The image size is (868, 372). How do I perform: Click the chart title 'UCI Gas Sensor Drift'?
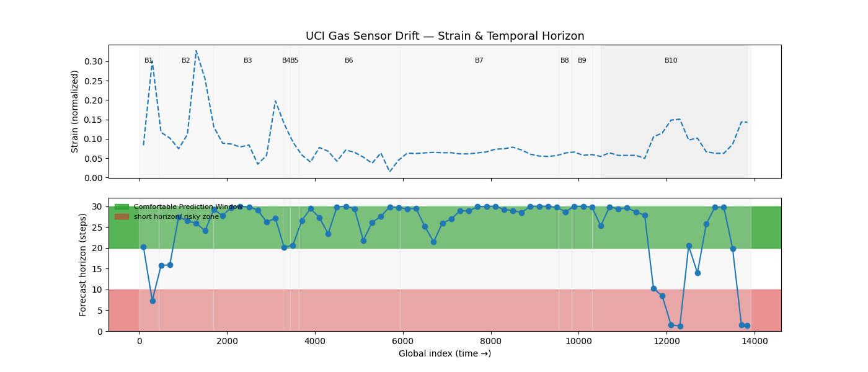tap(445, 36)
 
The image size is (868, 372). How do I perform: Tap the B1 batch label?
tap(149, 61)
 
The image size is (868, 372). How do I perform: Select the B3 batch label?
tap(248, 61)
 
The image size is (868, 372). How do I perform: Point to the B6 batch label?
tap(349, 61)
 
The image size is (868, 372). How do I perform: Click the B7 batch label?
tap(479, 61)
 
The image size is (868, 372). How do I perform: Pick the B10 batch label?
tap(671, 61)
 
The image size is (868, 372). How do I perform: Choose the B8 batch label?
tap(565, 61)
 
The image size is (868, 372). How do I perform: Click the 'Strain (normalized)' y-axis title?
tap(75, 111)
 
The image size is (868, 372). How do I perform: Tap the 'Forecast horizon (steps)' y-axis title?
tap(83, 265)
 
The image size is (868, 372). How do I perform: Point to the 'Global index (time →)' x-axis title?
tap(445, 353)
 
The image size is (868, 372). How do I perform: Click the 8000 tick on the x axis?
tap(491, 342)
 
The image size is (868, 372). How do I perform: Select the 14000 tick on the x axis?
tap(755, 342)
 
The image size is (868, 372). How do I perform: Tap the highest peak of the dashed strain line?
tap(196, 51)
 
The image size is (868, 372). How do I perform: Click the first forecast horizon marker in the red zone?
tap(153, 301)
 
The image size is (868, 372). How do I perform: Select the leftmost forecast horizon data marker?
tap(143, 247)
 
